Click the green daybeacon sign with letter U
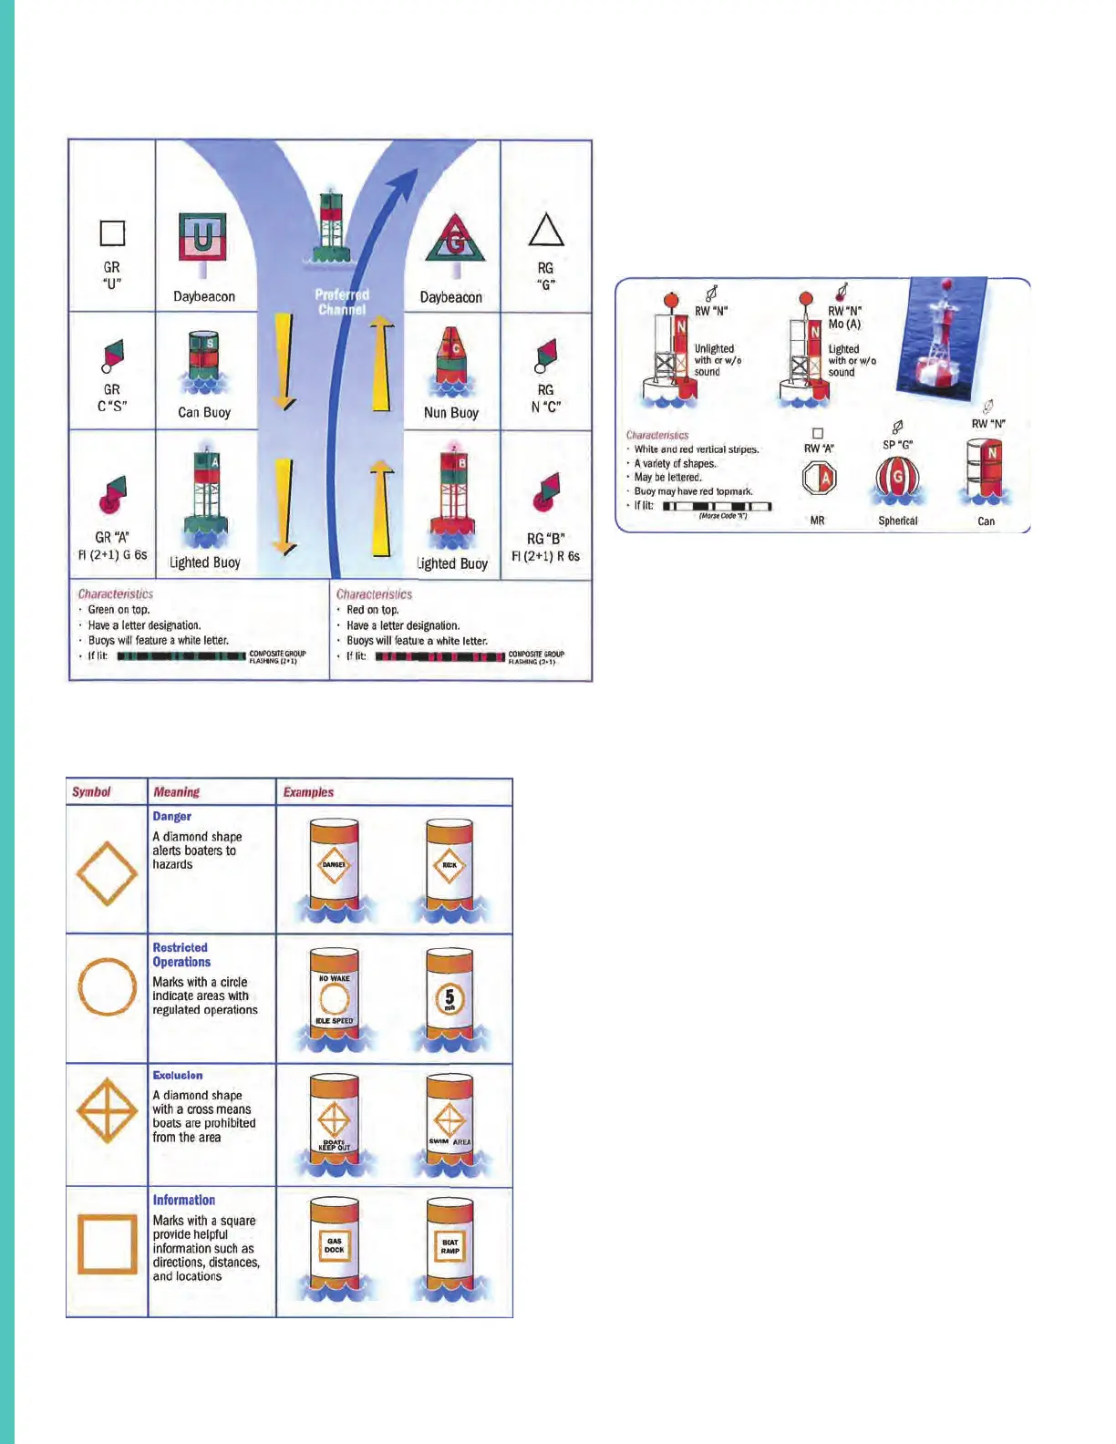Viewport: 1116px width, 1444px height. pos(202,237)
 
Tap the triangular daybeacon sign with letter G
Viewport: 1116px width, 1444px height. pos(455,240)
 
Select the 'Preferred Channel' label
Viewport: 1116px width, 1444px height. pos(342,302)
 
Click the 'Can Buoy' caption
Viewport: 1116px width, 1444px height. pos(204,412)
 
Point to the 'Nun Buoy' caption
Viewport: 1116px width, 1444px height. pos(450,412)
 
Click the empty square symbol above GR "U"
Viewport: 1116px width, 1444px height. pos(112,233)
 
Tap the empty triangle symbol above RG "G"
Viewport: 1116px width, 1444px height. pos(546,231)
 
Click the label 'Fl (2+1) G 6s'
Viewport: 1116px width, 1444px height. pos(112,554)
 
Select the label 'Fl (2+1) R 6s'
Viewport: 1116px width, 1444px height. pos(545,555)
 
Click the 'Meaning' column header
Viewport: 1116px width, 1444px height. pos(176,791)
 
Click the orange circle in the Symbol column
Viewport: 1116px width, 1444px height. pos(107,986)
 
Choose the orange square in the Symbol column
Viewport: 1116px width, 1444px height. pos(107,1243)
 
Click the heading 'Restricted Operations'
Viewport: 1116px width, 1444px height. pos(181,954)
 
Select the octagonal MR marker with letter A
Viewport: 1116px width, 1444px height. pos(819,478)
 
